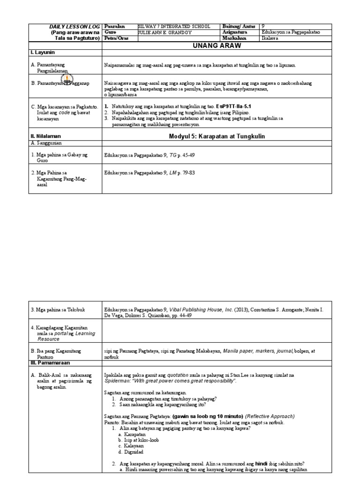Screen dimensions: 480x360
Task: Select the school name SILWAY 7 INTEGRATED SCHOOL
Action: pyautogui.click(x=174, y=27)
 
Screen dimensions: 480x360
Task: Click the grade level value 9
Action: pyautogui.click(x=263, y=27)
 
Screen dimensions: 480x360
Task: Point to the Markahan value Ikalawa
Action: pyautogui.click(x=270, y=39)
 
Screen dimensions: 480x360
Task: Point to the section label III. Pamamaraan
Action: pyautogui.click(x=49, y=363)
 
